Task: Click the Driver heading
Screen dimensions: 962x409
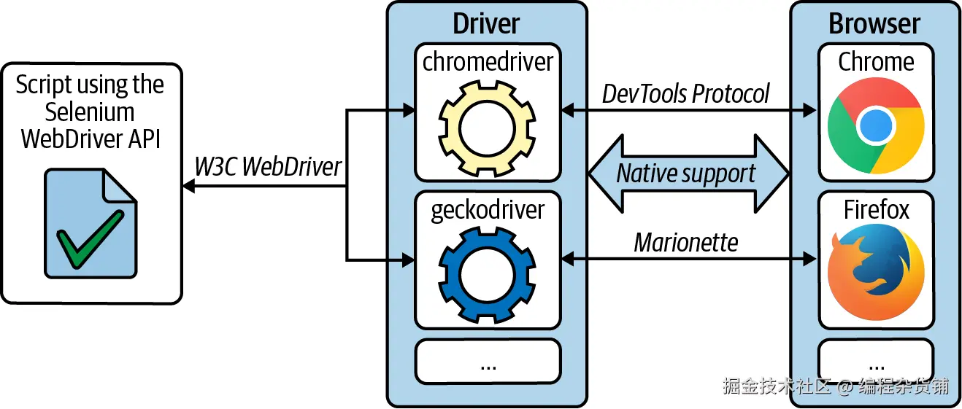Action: pos(486,23)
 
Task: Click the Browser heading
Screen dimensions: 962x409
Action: pos(874,23)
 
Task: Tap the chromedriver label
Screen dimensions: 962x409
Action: pos(488,62)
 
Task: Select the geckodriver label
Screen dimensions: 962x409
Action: pos(488,210)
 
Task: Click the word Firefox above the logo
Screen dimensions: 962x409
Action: pos(876,209)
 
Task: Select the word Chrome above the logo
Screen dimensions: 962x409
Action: pos(876,62)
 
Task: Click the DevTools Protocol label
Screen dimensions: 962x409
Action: pos(685,93)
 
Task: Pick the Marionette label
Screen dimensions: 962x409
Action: pos(686,243)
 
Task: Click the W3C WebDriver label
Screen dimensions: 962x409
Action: pos(268,166)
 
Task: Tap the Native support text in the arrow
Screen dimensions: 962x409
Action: pos(686,174)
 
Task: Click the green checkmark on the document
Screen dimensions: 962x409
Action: pos(90,239)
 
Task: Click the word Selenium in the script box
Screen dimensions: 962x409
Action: pos(90,112)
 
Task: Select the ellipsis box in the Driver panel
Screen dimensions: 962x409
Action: pos(488,361)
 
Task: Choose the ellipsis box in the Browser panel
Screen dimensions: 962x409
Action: pos(876,361)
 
